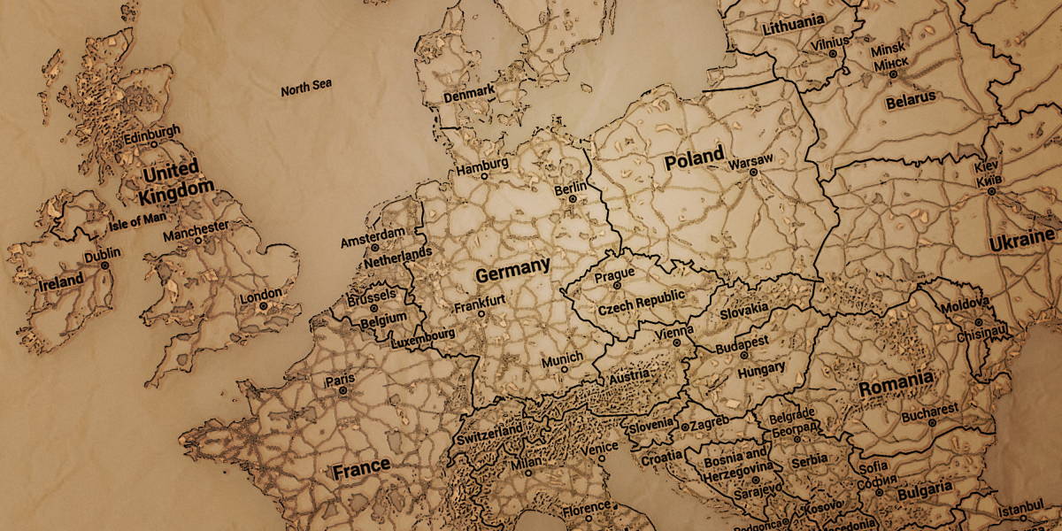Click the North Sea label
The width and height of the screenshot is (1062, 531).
point(306,88)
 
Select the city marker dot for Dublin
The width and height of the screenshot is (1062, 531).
point(104,265)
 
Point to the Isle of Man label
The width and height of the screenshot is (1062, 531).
point(137,220)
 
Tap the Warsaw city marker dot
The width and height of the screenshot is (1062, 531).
point(753,173)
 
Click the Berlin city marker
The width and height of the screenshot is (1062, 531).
point(572,200)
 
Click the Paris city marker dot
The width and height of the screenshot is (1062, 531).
point(343,390)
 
